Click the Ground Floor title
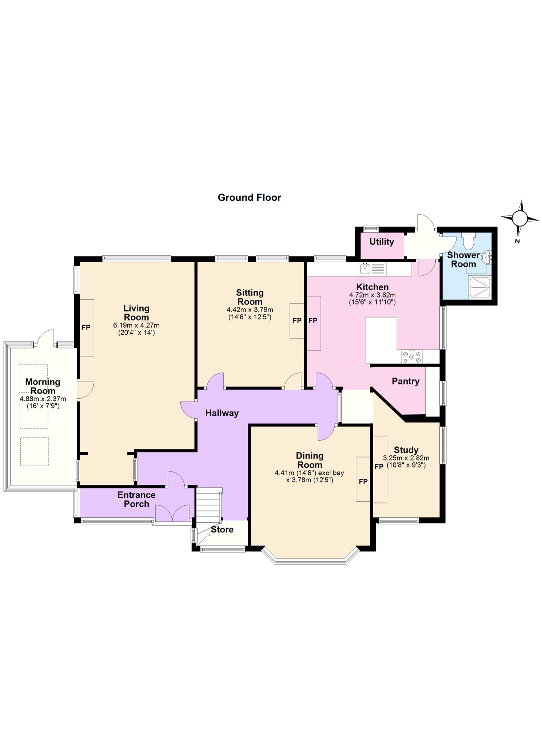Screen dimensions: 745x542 pos(249,198)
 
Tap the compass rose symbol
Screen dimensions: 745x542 pos(519,219)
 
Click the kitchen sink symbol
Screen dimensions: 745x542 pos(365,269)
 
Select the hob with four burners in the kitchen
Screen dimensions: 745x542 pos(412,356)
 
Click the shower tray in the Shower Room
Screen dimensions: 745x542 pos(480,288)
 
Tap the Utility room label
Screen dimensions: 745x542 pos(382,242)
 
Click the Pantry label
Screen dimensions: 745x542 pos(405,381)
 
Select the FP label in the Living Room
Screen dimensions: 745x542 pos(86,327)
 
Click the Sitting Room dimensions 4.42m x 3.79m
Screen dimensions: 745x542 pos(250,310)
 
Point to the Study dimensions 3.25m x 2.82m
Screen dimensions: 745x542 pos(406,458)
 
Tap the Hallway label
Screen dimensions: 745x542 pos(222,413)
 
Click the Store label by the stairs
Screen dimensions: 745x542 pos(222,529)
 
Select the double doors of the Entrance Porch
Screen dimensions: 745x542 pos(172,513)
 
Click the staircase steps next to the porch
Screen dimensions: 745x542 pos(208,504)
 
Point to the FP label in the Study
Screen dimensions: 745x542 pos(379,466)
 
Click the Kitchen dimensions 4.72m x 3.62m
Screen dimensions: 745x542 pos(372,295)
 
